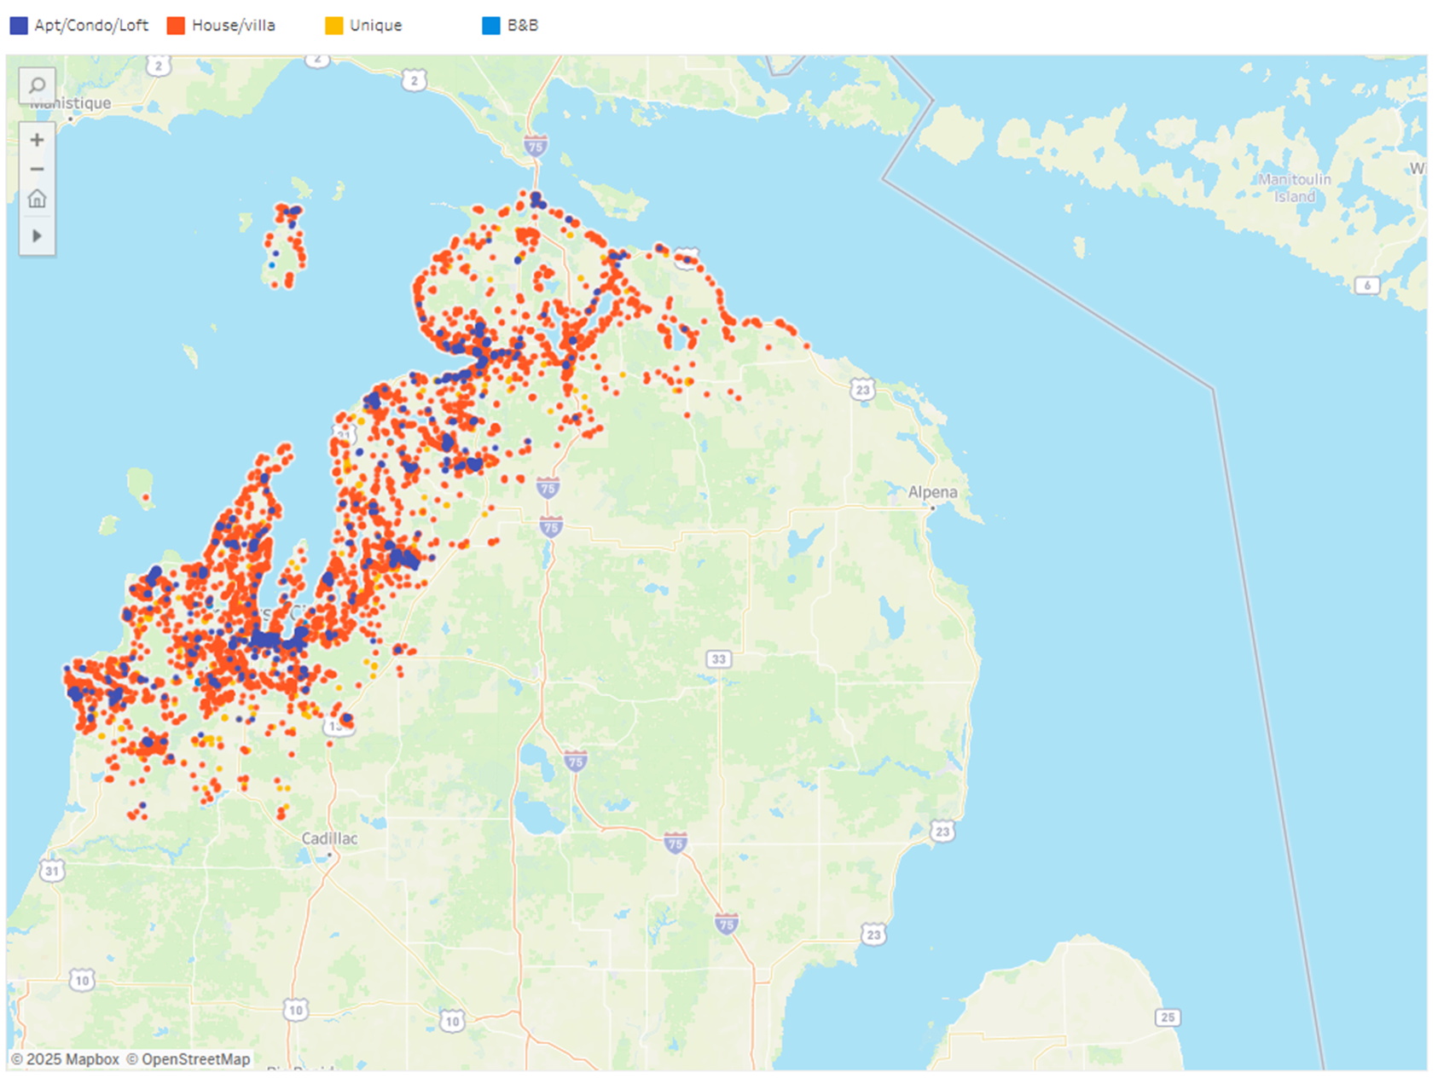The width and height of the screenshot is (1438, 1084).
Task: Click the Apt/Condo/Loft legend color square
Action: coord(19,26)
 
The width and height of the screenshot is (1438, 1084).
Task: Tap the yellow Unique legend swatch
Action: coord(333,26)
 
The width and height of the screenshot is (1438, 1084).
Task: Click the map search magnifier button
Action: coord(37,85)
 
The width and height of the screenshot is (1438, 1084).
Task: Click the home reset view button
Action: coord(37,200)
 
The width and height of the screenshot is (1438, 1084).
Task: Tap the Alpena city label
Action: coord(931,492)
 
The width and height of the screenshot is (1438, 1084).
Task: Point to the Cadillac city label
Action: coord(329,838)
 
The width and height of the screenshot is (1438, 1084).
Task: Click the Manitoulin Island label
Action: coord(1294,188)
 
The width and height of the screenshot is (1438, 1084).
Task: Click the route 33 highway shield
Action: coord(718,659)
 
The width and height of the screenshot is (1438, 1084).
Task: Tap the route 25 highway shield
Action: coord(1168,1017)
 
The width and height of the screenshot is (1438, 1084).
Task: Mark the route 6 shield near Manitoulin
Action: coord(1366,286)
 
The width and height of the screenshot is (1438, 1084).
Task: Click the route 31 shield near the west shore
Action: coord(52,871)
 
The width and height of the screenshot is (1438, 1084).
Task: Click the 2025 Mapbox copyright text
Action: coord(66,1059)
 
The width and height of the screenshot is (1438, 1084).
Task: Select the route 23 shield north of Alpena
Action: coord(862,390)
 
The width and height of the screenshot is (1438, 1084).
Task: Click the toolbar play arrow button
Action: coord(37,235)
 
